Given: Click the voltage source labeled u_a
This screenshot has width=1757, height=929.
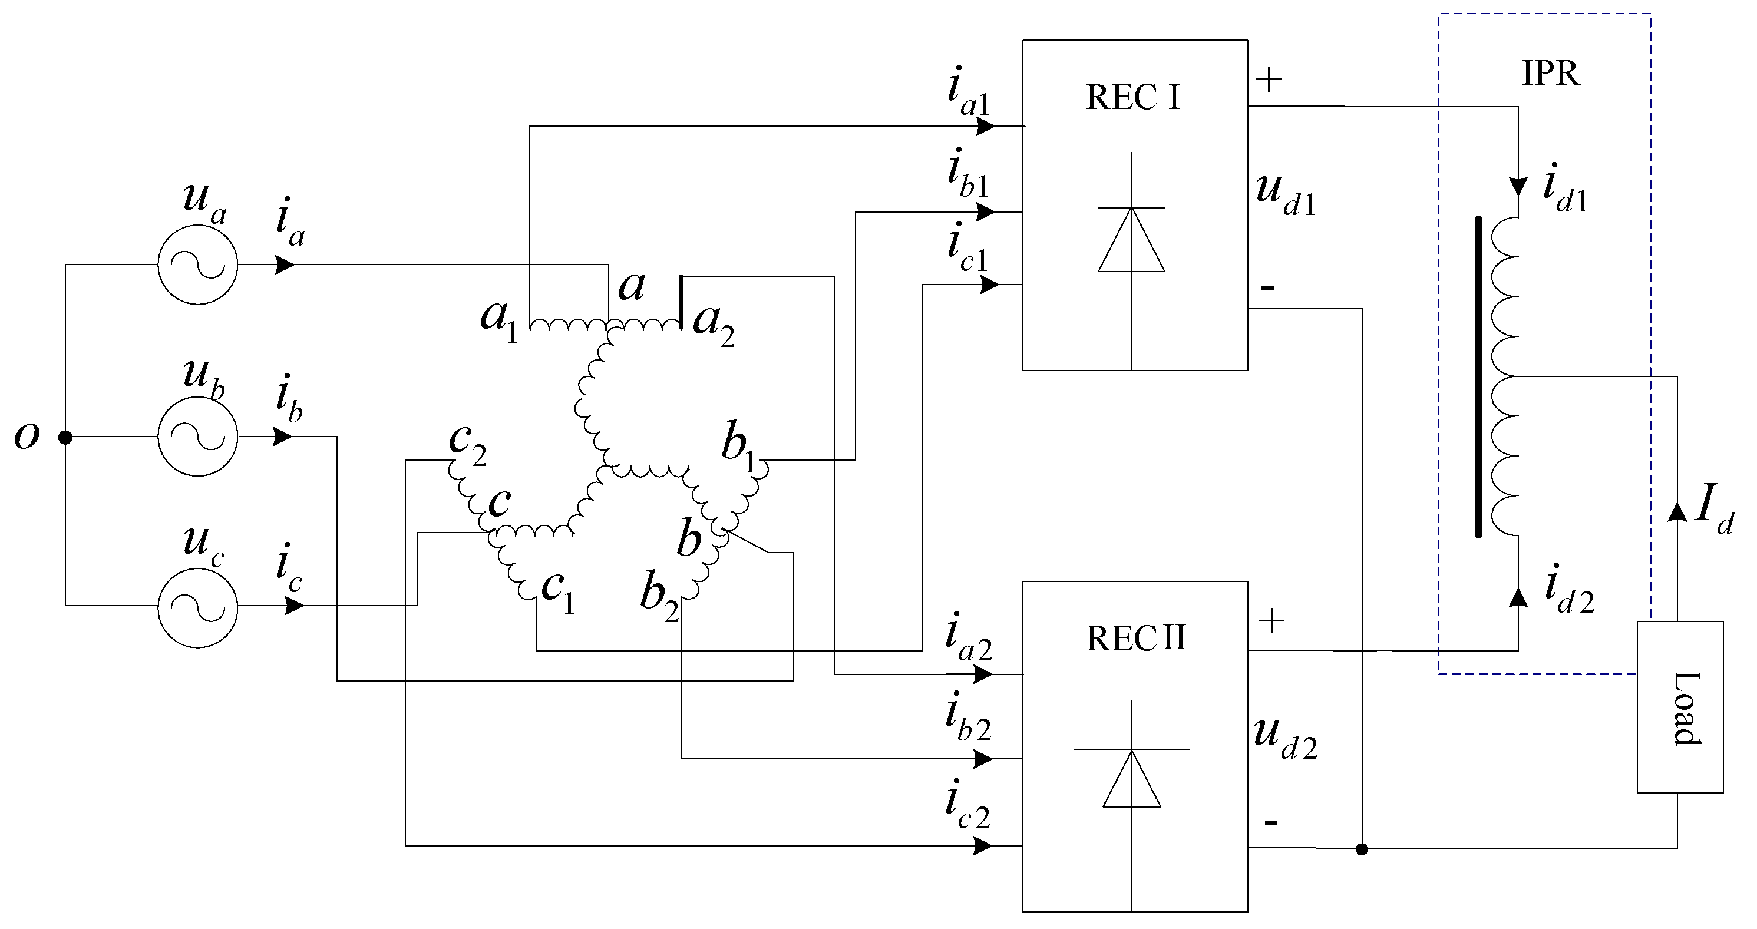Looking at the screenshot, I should [x=198, y=265].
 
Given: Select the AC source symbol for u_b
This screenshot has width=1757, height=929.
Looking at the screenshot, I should [x=198, y=437].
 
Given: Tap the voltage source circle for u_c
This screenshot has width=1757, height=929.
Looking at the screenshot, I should [x=198, y=606].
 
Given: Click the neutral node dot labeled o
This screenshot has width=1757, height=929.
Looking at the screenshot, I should [x=65, y=437].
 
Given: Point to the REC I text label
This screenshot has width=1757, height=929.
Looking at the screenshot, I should [x=1133, y=98].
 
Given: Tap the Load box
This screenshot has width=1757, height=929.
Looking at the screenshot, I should [x=1680, y=707].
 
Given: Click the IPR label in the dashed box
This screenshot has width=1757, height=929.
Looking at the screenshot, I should [x=1550, y=73].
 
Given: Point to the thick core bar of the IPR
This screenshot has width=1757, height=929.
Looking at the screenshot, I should [x=1478, y=377].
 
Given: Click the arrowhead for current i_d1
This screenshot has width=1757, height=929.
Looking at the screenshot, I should [x=1518, y=186].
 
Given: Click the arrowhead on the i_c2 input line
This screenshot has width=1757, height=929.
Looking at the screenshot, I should [x=983, y=846].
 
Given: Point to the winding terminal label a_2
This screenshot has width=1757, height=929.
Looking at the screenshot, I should [x=714, y=323].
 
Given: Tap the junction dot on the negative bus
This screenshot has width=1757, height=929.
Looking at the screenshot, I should [x=1362, y=849].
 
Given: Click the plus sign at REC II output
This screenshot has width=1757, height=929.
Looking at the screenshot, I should [x=1271, y=621].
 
